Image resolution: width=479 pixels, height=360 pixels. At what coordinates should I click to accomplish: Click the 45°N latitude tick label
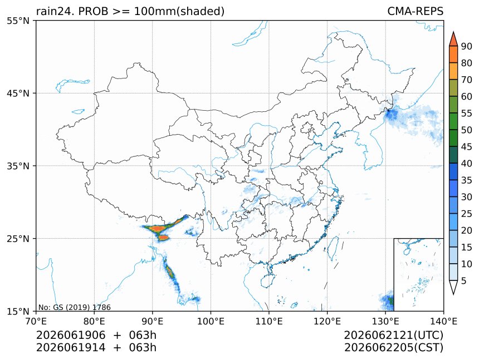click(18, 93)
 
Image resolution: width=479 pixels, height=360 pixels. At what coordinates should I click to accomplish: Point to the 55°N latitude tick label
click(18, 21)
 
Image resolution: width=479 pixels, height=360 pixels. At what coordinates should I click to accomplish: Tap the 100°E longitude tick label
click(211, 321)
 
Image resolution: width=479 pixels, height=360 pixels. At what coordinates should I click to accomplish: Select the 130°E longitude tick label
click(385, 321)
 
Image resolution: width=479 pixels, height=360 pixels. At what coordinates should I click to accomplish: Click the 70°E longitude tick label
click(36, 321)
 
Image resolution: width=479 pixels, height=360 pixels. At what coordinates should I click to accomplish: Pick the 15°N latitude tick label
click(18, 311)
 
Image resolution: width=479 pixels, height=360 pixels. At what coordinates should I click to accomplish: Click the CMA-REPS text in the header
click(415, 11)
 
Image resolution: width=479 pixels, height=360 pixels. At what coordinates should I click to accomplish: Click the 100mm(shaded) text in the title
click(179, 12)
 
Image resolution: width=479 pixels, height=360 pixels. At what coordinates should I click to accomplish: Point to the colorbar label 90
click(467, 46)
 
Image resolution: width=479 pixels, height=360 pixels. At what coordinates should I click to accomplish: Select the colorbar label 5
click(464, 280)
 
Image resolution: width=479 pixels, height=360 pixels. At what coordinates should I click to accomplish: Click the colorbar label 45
click(467, 147)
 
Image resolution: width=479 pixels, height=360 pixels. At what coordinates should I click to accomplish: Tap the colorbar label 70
click(467, 80)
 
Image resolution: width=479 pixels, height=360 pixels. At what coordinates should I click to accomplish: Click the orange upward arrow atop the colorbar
click(453, 40)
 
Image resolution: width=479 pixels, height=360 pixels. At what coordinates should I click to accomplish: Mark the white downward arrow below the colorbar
click(453, 287)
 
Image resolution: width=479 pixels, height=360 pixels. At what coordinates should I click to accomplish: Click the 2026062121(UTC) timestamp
click(393, 335)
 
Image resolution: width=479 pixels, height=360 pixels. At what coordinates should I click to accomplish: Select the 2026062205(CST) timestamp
click(393, 348)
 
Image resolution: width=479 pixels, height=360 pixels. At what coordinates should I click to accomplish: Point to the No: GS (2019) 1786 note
click(74, 307)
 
